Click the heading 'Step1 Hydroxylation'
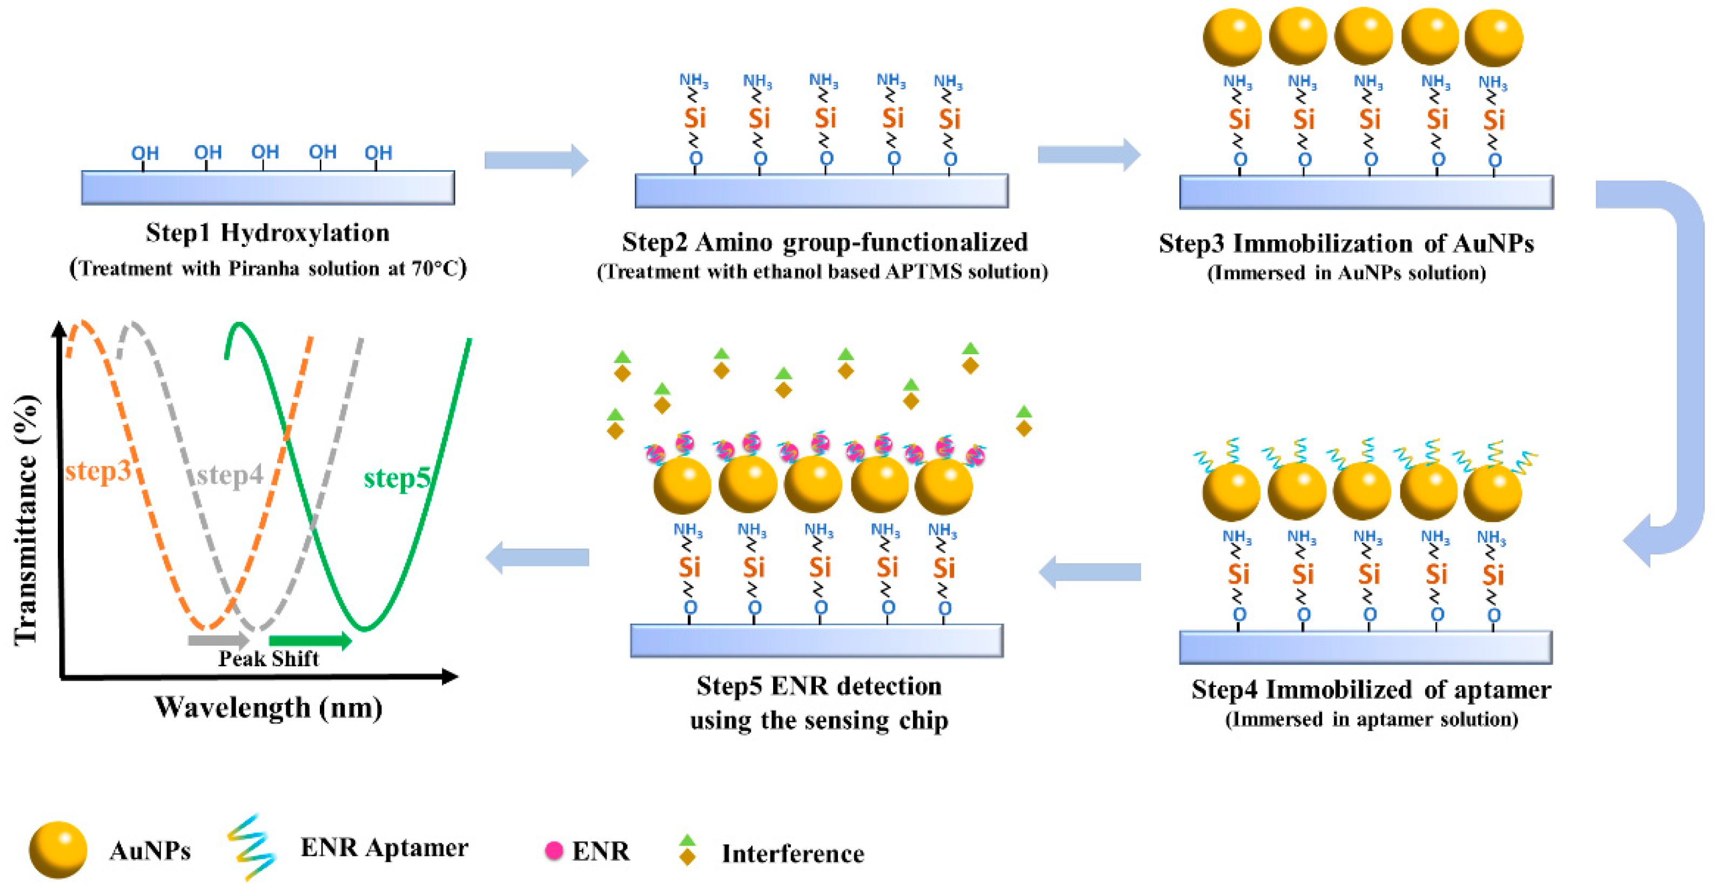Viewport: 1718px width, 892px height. pyautogui.click(x=267, y=233)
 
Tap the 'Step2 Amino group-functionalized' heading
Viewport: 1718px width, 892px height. pyautogui.click(x=824, y=242)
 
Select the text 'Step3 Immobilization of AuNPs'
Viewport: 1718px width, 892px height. pyautogui.click(x=1346, y=244)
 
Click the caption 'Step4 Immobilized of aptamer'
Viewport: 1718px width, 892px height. pyautogui.click(x=1371, y=690)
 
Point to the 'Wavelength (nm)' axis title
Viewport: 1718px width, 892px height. pyautogui.click(x=268, y=707)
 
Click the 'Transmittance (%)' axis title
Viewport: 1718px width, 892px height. pyautogui.click(x=26, y=520)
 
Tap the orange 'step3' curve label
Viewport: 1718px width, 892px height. pyautogui.click(x=98, y=471)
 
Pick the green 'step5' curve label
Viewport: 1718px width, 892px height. pyautogui.click(x=396, y=478)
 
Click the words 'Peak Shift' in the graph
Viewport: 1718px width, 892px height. pyautogui.click(x=268, y=659)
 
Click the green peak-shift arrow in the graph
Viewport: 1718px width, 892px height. pyautogui.click(x=310, y=641)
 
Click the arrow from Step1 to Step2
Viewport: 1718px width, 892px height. pyautogui.click(x=535, y=160)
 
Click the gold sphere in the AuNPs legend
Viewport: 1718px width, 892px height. pyautogui.click(x=58, y=849)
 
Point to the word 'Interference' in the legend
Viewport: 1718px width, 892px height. pyautogui.click(x=793, y=853)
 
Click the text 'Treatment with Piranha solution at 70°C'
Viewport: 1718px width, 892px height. pyautogui.click(x=267, y=268)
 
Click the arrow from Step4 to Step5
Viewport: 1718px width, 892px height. pyautogui.click(x=1090, y=572)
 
